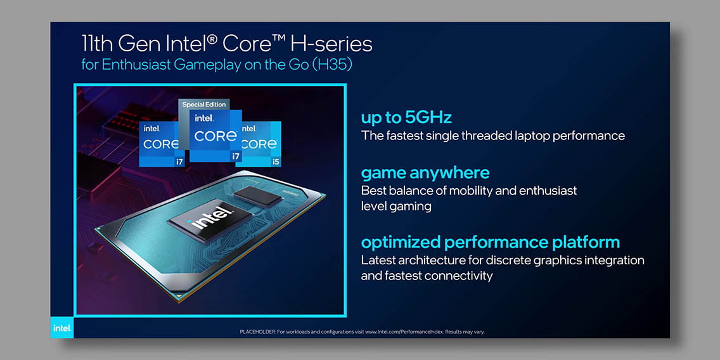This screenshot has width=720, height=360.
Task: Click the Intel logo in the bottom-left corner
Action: point(62,328)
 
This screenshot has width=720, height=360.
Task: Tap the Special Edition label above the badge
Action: point(204,105)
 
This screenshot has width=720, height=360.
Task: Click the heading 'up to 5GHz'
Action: point(406,118)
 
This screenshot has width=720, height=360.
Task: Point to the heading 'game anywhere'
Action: point(425,173)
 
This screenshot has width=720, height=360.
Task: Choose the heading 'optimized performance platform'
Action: point(491,242)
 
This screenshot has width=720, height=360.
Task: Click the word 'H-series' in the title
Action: point(331,44)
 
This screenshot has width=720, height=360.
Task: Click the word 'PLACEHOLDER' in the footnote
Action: point(257,331)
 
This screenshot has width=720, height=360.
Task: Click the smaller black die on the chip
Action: point(257,197)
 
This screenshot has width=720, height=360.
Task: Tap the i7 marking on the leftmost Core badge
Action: point(179,162)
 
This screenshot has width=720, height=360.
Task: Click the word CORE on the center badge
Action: point(215,136)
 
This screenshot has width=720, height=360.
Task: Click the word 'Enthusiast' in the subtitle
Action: point(136,65)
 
